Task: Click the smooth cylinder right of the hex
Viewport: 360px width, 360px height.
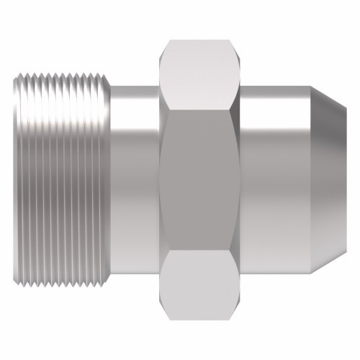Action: coord(274,180)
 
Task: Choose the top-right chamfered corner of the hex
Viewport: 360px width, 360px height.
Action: coord(235,45)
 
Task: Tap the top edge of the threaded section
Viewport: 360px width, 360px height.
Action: coord(61,71)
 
